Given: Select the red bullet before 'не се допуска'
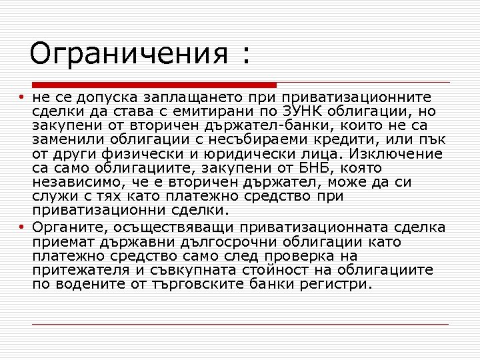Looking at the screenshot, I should pos(21,98).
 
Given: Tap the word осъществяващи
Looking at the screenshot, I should pos(167,228).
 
